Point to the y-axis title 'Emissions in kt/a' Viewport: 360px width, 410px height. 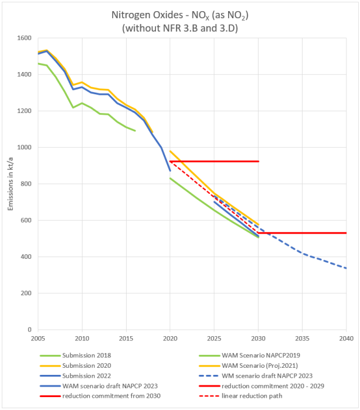pos(10,184)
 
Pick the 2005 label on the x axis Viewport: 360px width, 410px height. pos(38,339)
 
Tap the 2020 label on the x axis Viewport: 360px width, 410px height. pos(170,339)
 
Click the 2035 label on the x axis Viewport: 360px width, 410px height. pos(302,339)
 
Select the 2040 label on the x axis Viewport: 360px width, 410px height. pos(345,339)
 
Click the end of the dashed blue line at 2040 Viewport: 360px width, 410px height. pos(346,268)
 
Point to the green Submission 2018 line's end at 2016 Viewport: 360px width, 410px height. pos(135,131)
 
